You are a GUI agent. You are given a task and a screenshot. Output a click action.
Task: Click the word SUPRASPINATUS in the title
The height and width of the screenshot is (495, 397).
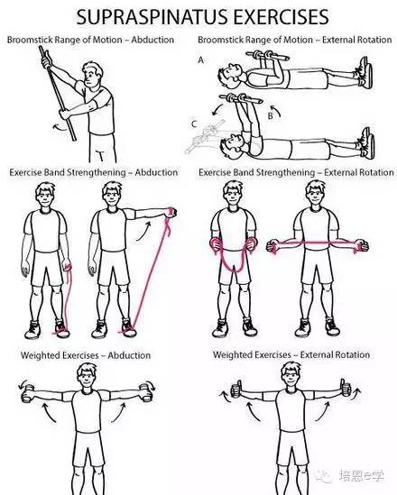pyautogui.click(x=153, y=16)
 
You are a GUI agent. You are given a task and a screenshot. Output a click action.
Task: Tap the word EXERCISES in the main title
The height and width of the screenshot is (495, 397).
pyautogui.click(x=282, y=16)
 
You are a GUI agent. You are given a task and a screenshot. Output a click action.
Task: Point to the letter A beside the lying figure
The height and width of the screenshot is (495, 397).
pyautogui.click(x=201, y=60)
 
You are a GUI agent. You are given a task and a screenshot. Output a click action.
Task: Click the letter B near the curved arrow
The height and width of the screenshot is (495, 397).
pyautogui.click(x=270, y=115)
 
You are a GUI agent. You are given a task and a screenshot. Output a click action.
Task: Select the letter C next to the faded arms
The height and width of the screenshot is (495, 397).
pyautogui.click(x=194, y=124)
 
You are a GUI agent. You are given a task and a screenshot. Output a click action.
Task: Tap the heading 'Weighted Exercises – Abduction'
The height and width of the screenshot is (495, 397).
pyautogui.click(x=86, y=355)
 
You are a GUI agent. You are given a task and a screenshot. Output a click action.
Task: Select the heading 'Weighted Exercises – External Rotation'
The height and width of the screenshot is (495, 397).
pyautogui.click(x=291, y=354)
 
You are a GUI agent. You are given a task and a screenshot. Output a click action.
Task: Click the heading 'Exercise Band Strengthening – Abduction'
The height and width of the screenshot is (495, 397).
pyautogui.click(x=94, y=172)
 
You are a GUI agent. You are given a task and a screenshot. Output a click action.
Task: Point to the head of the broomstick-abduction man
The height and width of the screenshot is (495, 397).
pyautogui.click(x=92, y=75)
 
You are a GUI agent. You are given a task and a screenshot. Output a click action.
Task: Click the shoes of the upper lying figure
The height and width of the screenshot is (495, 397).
pyautogui.click(x=365, y=72)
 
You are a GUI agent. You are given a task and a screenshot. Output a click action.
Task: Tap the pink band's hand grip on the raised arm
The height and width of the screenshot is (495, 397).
pyautogui.click(x=171, y=212)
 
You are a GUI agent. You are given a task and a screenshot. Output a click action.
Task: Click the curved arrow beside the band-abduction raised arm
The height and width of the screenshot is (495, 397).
pyautogui.click(x=144, y=232)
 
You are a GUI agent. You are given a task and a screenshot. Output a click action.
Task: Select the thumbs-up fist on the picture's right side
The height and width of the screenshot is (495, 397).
pyautogui.click(x=346, y=387)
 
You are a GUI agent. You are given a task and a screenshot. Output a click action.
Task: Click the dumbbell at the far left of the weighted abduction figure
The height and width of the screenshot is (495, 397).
pyautogui.click(x=28, y=393)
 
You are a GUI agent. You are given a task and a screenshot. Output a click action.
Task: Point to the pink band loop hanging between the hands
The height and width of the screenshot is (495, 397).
pyautogui.click(x=233, y=260)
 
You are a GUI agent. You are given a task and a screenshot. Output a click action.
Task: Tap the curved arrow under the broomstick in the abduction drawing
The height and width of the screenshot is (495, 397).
pyautogui.click(x=59, y=126)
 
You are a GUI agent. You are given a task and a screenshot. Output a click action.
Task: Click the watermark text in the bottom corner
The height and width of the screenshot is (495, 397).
pyautogui.click(x=361, y=475)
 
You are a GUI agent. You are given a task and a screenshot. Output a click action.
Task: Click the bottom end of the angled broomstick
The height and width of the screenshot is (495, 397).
pyautogui.click(x=75, y=140)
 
